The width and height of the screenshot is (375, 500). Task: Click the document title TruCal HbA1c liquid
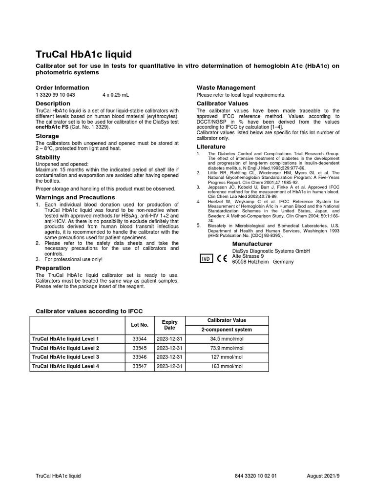click(84, 54)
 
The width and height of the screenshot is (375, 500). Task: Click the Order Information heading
click(62, 87)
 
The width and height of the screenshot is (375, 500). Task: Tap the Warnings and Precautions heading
click(75, 197)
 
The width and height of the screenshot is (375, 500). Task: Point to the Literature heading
click(211, 146)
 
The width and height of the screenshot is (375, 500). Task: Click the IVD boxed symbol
click(206, 259)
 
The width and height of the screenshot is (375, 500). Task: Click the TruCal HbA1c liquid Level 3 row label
click(65, 357)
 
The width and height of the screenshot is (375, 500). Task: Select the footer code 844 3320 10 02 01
click(256, 476)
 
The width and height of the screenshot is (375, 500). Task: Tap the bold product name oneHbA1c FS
click(52, 127)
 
